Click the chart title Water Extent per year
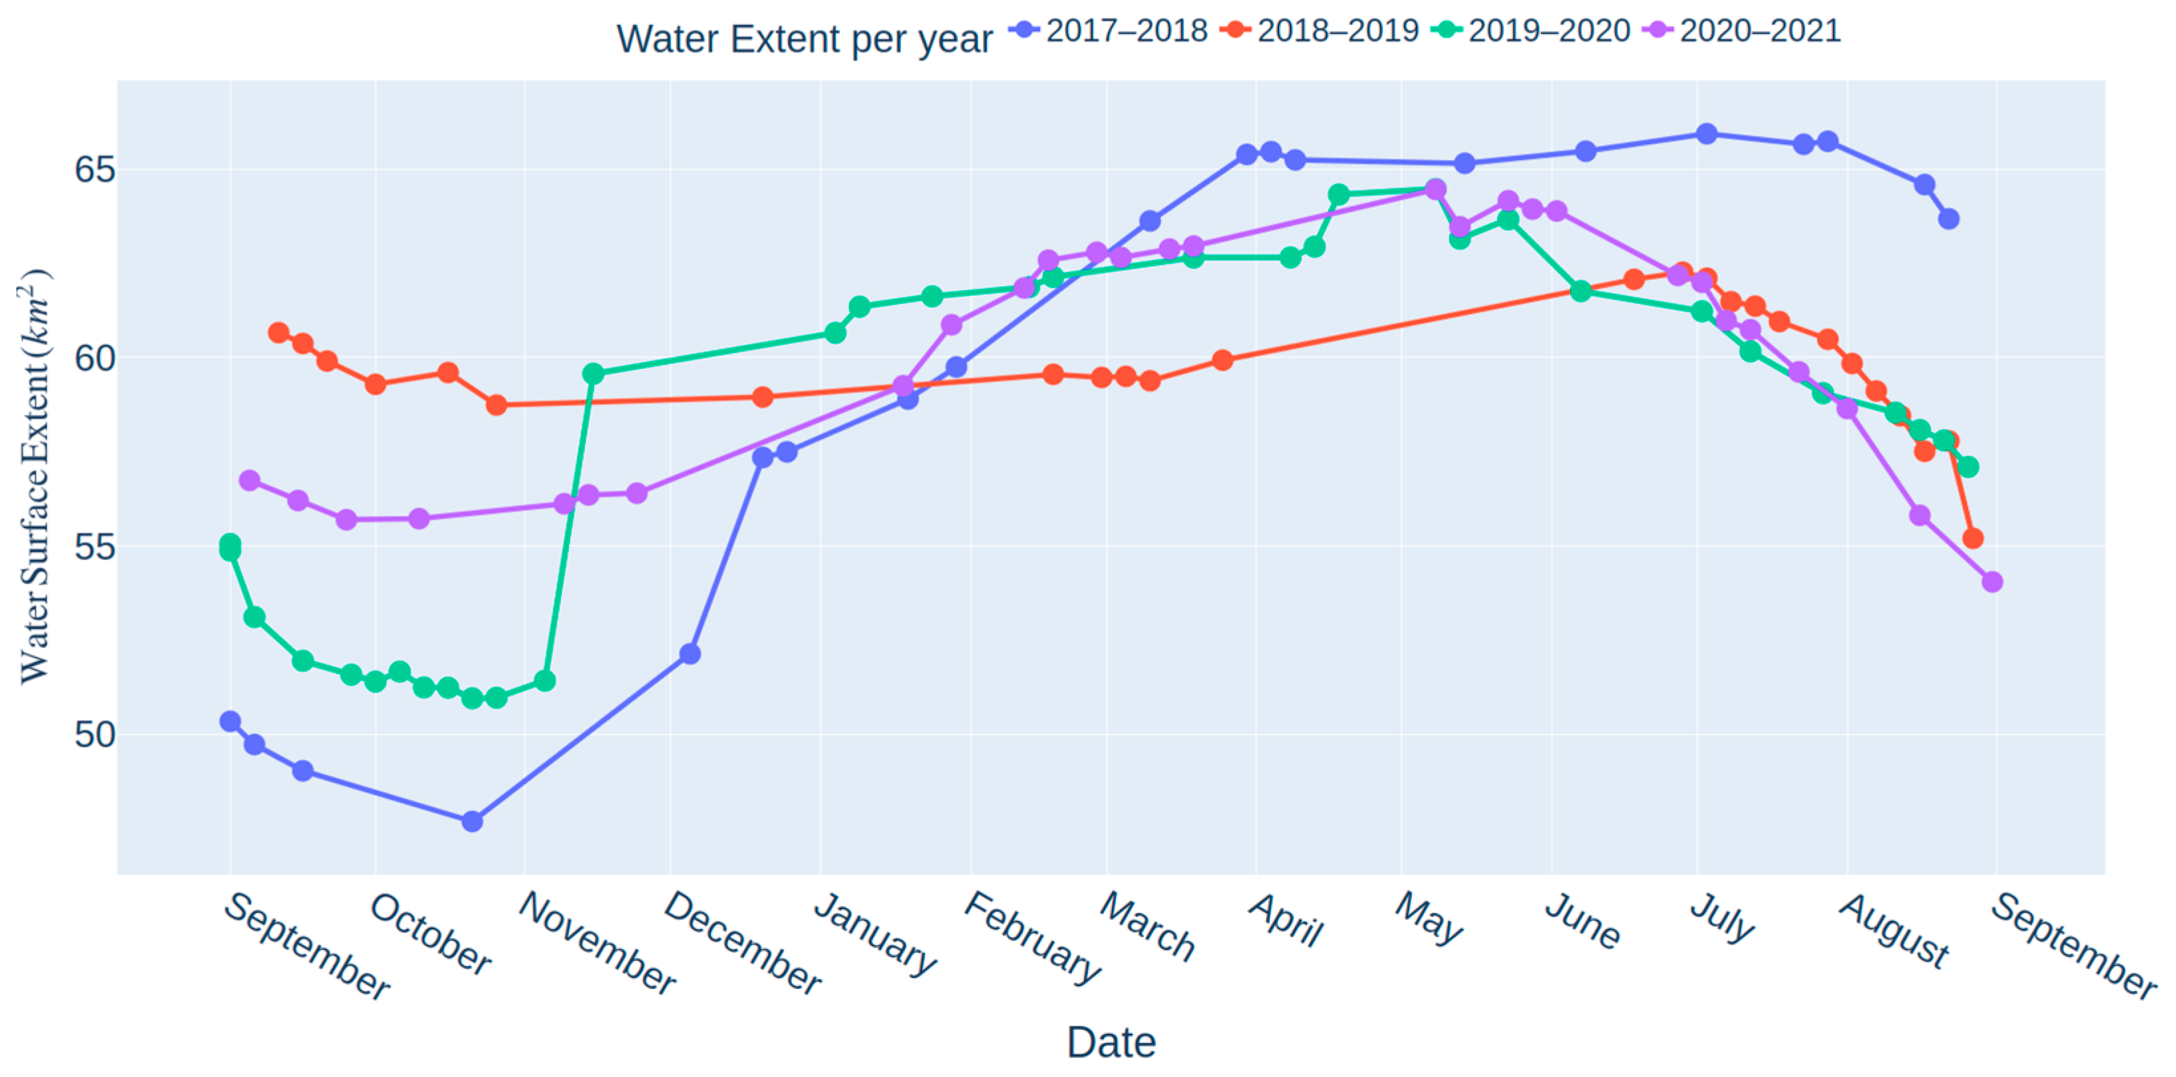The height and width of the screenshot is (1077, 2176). coord(803,39)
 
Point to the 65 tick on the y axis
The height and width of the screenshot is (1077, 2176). coord(95,170)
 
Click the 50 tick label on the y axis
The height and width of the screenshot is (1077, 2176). coord(95,735)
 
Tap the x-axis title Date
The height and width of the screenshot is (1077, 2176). coord(1110,1042)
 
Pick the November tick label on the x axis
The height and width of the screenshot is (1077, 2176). coord(596,944)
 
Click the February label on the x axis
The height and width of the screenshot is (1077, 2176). coord(1032,938)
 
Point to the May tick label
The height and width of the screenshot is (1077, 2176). coord(1428,918)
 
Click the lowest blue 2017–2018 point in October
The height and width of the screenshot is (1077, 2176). coord(472,821)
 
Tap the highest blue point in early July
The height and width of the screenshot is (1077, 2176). coord(1706,133)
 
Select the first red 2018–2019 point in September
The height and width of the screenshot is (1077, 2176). coord(278,333)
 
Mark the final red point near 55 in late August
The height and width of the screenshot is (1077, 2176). coord(1972,538)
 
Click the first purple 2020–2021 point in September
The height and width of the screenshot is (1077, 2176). coord(249,480)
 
